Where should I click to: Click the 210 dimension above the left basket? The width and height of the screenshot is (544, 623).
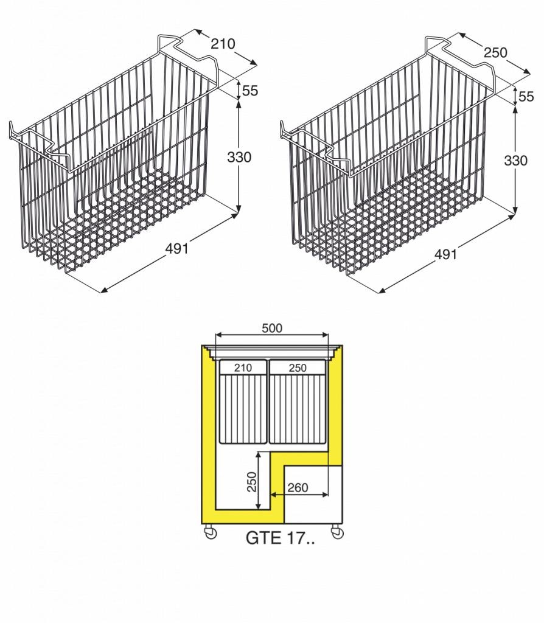coord(223,44)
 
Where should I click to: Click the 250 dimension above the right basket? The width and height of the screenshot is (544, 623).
coord(495,52)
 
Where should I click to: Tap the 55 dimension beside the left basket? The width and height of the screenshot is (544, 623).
coord(250,91)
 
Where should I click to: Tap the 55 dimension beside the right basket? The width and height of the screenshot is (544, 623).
coord(526,97)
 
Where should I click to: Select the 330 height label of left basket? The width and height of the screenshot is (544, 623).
coord(239,158)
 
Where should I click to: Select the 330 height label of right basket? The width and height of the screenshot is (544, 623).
coord(515,161)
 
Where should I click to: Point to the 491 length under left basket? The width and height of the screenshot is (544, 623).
coord(176,249)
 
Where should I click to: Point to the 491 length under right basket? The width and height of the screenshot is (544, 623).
coord(445,254)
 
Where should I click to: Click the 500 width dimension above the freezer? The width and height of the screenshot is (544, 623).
coord(272,328)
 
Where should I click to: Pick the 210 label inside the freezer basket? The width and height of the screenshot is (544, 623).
coord(243,368)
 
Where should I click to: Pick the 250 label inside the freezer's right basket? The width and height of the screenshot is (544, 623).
coord(298,368)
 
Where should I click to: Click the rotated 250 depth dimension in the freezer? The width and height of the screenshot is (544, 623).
coord(251,482)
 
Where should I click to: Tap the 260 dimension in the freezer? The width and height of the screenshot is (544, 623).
coord(298,487)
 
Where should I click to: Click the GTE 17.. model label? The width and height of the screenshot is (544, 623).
coord(280,538)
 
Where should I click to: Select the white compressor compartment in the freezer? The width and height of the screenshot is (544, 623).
coord(313,494)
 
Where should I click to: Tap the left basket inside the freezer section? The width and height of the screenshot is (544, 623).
coord(243,402)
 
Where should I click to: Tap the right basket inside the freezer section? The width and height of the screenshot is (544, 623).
coord(298,402)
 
